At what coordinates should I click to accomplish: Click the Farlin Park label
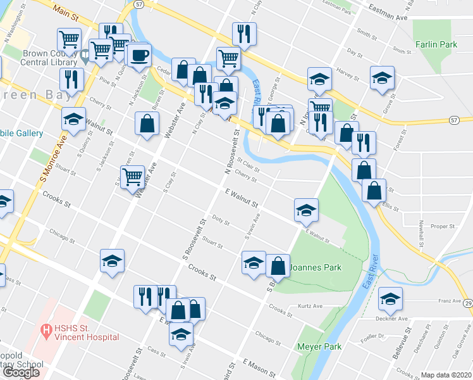pos(436,45)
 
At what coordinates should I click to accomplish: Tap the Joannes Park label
pos(316,267)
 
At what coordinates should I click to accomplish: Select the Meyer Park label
pos(319,346)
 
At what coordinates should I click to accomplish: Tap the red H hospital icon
pos(46,329)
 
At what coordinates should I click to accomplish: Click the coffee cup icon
pos(138,54)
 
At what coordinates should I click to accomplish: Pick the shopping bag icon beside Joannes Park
pos(278,266)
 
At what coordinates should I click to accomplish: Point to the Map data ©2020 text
pos(446,375)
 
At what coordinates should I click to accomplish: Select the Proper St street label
pos(443,226)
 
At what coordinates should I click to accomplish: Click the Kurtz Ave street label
pos(310,307)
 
